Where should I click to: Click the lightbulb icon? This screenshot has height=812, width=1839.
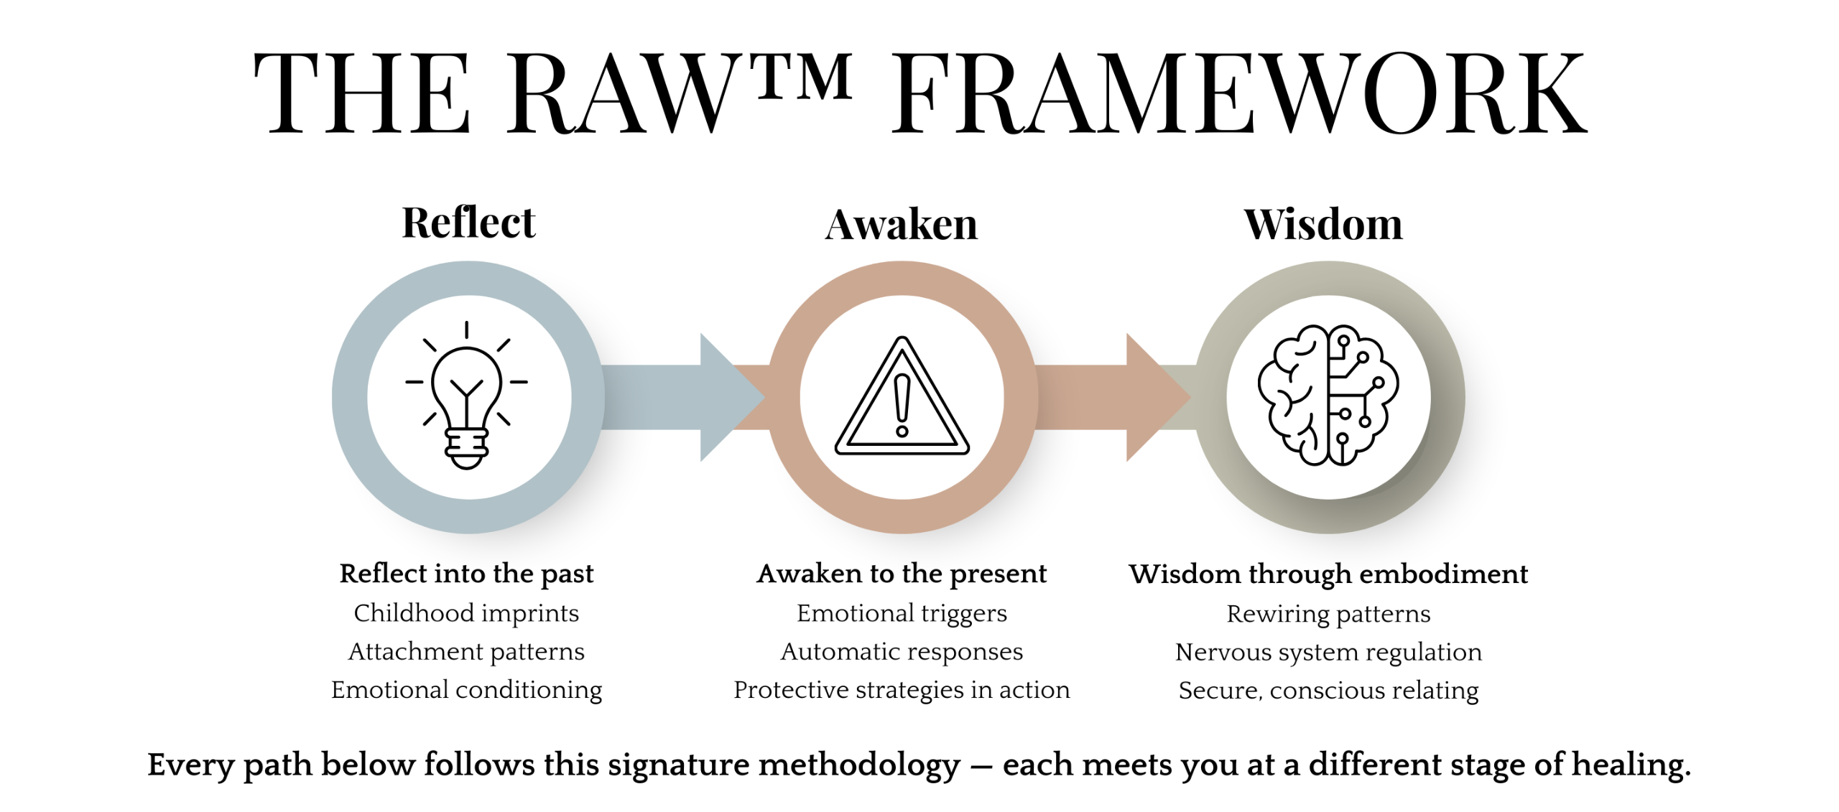467,396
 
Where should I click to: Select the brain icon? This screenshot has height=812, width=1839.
1328,395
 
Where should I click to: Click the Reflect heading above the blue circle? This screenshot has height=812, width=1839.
468,223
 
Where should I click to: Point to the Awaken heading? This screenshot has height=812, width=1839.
901,225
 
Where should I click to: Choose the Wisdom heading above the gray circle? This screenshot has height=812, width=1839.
1322,225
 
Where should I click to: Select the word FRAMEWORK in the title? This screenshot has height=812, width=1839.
1238,95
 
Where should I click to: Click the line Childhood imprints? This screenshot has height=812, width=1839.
466,613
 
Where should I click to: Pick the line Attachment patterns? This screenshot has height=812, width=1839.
466,651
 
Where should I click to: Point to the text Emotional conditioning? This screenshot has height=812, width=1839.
466,690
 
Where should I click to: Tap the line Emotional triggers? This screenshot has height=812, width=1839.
902,613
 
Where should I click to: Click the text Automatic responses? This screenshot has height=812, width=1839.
902,651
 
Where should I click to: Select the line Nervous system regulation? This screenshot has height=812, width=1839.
1328,652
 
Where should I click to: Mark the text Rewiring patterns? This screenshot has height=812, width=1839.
1328,614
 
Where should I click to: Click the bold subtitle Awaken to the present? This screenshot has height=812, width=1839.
902,574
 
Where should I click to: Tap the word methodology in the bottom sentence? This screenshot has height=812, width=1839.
859,765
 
